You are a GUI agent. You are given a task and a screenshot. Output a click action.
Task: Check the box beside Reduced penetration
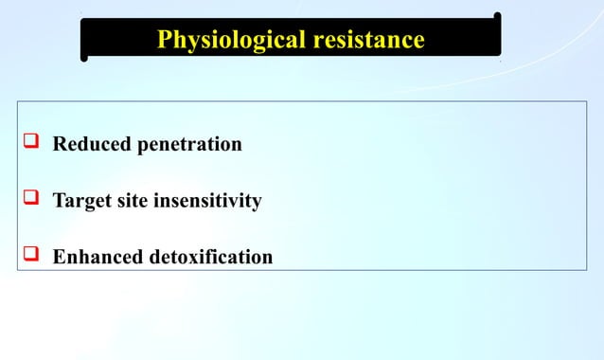29,144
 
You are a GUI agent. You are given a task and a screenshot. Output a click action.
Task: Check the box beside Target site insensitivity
29,200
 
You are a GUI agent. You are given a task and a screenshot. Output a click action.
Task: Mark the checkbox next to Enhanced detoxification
29,256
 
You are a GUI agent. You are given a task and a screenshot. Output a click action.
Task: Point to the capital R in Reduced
59,145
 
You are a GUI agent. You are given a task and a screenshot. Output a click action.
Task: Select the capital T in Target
59,201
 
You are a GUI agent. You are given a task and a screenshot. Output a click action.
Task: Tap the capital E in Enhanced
59,257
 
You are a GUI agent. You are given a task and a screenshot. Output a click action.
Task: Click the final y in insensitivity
257,204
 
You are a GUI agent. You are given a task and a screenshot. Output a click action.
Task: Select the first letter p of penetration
145,148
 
